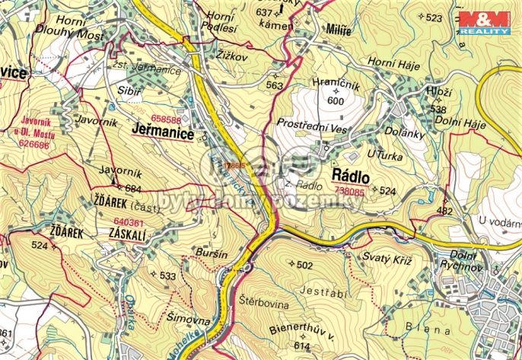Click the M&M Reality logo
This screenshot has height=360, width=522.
[x=484, y=23]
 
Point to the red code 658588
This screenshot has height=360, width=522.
[x=166, y=119]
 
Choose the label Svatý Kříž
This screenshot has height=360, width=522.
[x=387, y=260]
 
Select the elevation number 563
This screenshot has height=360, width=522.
[x=274, y=86]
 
